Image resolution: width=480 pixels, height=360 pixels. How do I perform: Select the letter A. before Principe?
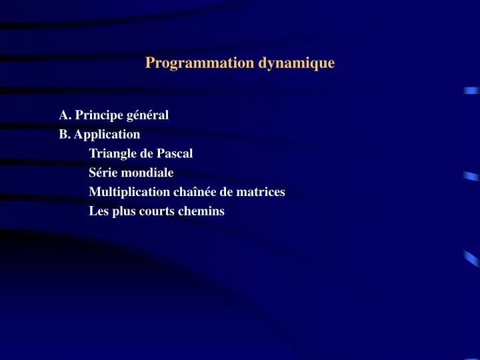65,115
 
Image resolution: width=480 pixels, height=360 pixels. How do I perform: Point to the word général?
147,115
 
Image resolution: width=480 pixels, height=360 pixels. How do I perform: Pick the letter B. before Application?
65,134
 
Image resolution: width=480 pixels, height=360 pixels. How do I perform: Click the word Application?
107,134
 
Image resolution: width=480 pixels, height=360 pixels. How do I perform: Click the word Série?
103,173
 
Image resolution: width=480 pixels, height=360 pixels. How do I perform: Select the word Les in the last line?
99,211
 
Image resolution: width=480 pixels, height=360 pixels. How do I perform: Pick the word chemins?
201,211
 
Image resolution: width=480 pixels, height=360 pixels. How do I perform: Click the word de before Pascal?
148,153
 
